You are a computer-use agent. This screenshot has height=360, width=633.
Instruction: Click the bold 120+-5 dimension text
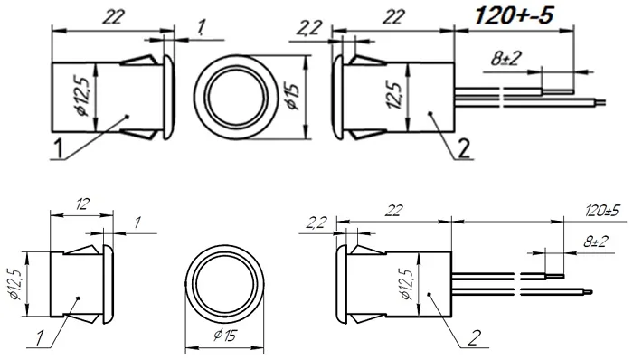[514, 15]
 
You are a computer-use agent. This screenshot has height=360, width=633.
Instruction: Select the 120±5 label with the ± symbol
[601, 211]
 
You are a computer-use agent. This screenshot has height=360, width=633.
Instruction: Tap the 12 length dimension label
[81, 204]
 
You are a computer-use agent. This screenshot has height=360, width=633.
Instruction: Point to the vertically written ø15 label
[292, 97]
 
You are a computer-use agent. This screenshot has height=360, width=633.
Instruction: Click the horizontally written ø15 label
[225, 336]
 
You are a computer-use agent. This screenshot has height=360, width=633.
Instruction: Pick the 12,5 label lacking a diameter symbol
[394, 96]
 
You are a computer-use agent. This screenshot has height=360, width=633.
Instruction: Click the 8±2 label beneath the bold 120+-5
[506, 59]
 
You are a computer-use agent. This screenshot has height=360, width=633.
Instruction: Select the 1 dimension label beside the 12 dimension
[137, 223]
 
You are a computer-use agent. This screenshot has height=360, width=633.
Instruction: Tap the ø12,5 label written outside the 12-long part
[16, 282]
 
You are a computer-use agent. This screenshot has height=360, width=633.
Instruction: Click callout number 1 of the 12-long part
[40, 338]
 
